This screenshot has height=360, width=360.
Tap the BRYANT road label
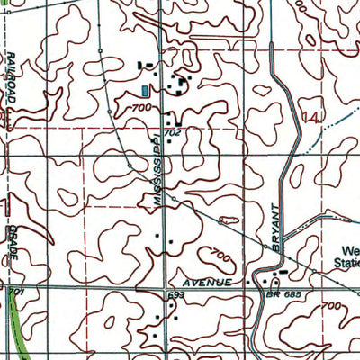point(277,224)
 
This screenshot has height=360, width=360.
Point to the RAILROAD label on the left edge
point(11,79)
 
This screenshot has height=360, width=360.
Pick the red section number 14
point(310,116)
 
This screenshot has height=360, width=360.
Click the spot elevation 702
point(174,132)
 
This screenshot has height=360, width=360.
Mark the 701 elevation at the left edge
point(13,292)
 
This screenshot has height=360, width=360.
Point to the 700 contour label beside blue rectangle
point(139,107)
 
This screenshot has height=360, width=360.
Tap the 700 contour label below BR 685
point(331,308)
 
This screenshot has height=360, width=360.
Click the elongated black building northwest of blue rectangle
point(143,66)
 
